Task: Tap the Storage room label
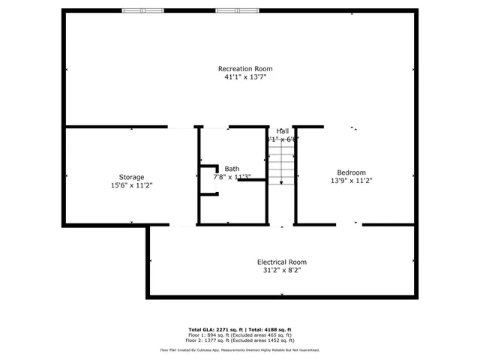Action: (131, 177)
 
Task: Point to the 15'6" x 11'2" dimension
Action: (131, 185)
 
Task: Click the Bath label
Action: (232, 169)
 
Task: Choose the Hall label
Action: (282, 131)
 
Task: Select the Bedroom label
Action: (351, 172)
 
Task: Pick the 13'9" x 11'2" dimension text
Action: (351, 180)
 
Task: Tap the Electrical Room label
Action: (282, 262)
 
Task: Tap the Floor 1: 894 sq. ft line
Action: (239, 334)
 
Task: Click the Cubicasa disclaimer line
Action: (239, 349)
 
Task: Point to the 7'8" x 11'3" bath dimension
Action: (232, 178)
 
